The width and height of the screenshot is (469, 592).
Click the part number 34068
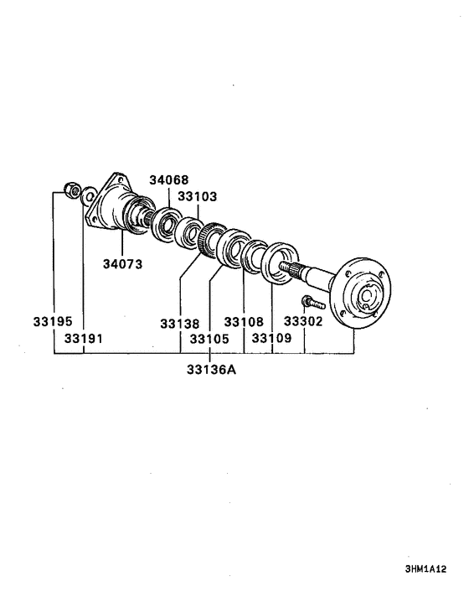point(169,179)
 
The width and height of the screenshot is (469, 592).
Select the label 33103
point(197,196)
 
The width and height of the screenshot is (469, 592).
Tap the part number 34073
point(123,264)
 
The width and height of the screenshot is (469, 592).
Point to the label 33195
point(53,321)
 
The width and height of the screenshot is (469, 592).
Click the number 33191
point(83,338)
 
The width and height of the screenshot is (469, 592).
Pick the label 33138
point(180,324)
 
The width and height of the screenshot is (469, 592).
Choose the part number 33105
point(209,339)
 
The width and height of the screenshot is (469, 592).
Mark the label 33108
point(244,322)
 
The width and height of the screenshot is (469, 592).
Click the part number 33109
point(271,338)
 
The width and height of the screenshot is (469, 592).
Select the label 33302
point(303,321)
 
